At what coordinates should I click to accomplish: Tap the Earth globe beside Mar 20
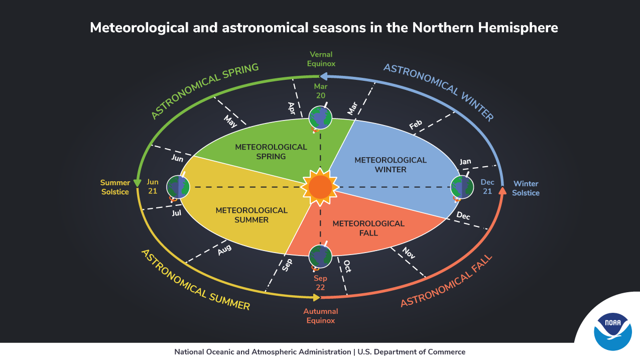click(x=320, y=117)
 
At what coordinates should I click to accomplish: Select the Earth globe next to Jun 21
click(x=178, y=187)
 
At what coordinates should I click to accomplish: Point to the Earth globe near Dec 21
click(x=462, y=187)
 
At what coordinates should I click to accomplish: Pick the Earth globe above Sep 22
click(x=320, y=257)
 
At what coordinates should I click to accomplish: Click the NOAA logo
click(x=612, y=329)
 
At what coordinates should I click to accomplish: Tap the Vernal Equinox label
click(x=321, y=59)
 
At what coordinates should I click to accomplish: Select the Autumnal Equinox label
click(x=321, y=316)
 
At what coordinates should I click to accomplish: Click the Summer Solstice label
click(x=115, y=187)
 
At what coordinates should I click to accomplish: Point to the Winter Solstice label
click(x=526, y=188)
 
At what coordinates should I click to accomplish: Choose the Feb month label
click(x=416, y=125)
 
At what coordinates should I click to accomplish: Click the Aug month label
click(x=224, y=250)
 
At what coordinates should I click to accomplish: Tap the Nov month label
click(x=409, y=255)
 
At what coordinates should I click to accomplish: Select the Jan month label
click(x=465, y=162)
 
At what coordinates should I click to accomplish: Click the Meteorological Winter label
click(x=391, y=165)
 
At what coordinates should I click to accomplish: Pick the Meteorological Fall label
click(x=368, y=228)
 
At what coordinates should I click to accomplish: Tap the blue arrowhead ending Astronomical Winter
click(x=324, y=76)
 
